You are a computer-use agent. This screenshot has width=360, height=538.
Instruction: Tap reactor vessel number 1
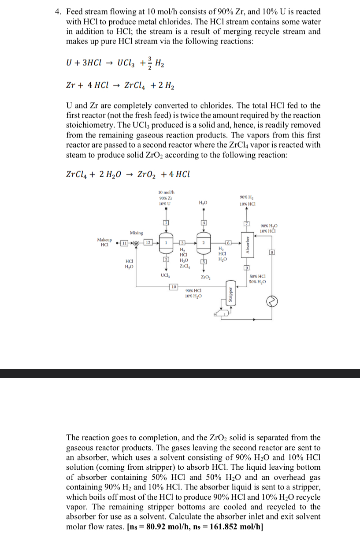(x=166, y=243)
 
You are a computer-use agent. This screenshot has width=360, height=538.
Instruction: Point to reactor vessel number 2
(x=204, y=243)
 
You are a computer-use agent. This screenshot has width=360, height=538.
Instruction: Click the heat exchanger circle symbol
(x=272, y=301)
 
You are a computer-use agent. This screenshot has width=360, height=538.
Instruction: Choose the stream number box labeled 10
(x=174, y=287)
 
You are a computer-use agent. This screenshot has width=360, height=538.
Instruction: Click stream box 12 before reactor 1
(x=148, y=243)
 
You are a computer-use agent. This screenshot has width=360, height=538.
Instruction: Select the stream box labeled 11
(x=125, y=243)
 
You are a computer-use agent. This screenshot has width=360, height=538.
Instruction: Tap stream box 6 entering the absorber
(x=228, y=243)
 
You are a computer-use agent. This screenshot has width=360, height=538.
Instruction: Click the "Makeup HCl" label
(x=104, y=242)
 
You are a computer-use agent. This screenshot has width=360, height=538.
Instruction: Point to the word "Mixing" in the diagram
(x=136, y=232)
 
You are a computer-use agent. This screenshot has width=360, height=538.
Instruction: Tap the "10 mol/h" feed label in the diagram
(x=166, y=192)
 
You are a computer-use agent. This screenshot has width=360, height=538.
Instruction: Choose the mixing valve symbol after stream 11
(x=136, y=243)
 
